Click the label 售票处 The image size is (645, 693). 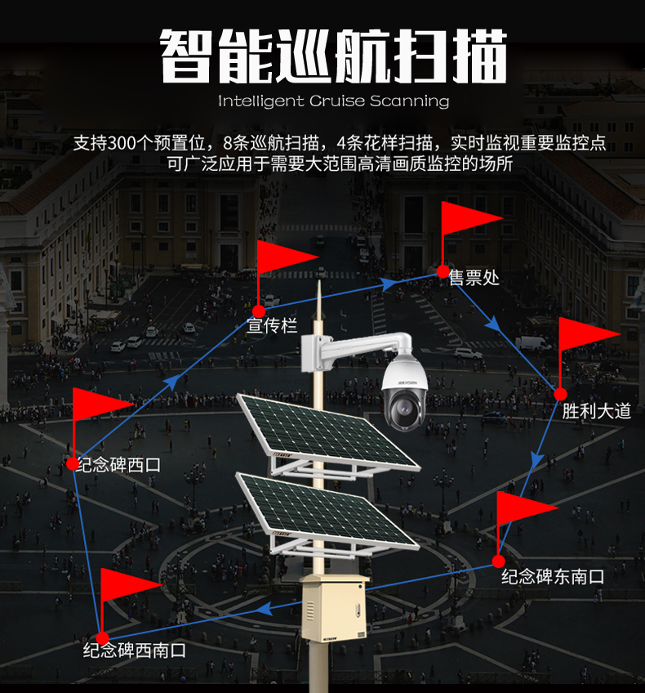pyautogui.click(x=474, y=278)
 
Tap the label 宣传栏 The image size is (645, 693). pyautogui.click(x=272, y=325)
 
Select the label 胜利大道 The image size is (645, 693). pyautogui.click(x=597, y=411)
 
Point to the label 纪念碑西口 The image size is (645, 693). pyautogui.click(x=118, y=465)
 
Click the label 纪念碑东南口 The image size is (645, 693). pyautogui.click(x=553, y=577)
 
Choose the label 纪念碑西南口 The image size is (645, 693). pyautogui.click(x=135, y=651)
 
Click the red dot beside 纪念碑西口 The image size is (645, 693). pyautogui.click(x=72, y=463)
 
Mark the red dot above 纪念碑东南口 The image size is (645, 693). pyautogui.click(x=498, y=561)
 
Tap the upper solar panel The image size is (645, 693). pyautogui.click(x=327, y=430)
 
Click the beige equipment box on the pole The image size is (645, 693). pyautogui.click(x=333, y=608)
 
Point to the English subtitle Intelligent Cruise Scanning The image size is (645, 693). pyautogui.click(x=334, y=101)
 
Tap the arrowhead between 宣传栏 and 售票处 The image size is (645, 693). pyautogui.click(x=389, y=284)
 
